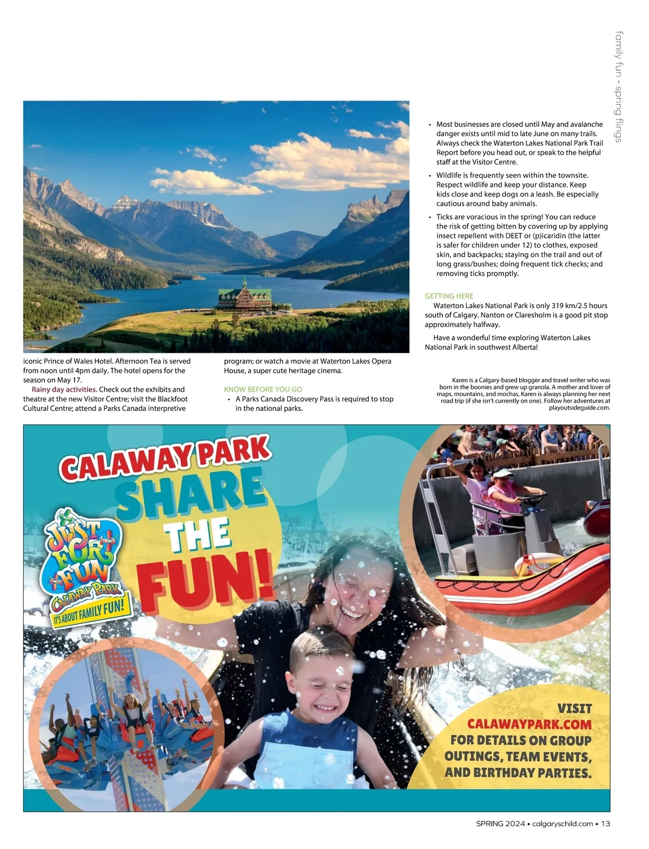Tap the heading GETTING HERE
point(448,296)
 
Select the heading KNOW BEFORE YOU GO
point(263,389)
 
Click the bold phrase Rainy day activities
point(64,389)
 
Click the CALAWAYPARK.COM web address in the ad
point(529,724)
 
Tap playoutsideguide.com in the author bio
point(579,408)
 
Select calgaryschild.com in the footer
point(562,824)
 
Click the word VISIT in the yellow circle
point(574,708)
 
